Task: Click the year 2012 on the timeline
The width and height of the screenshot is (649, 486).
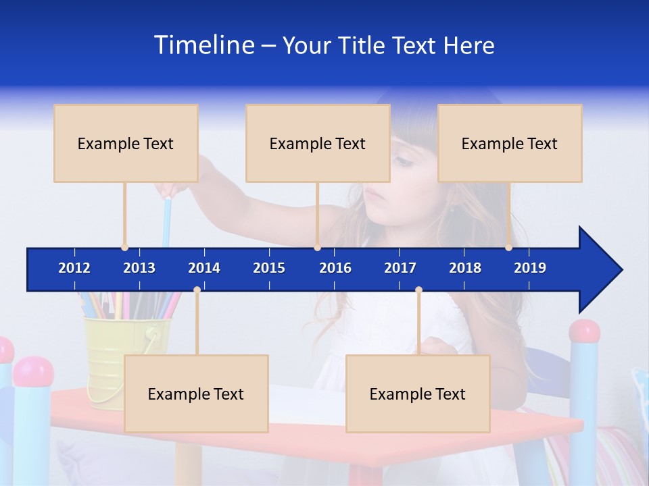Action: click(x=74, y=268)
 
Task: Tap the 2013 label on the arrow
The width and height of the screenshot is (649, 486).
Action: click(x=139, y=268)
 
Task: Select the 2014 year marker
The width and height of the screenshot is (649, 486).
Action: click(x=204, y=268)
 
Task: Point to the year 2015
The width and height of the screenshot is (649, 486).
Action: click(x=269, y=268)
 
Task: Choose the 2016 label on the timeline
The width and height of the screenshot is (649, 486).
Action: click(x=335, y=268)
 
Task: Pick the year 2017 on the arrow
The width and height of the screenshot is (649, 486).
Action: click(x=400, y=268)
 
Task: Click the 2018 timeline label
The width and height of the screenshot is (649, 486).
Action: click(x=465, y=268)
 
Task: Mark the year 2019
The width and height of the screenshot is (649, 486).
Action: click(x=530, y=268)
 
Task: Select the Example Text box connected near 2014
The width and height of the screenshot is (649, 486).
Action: click(x=196, y=394)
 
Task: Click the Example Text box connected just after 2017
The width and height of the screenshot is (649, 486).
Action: click(x=418, y=394)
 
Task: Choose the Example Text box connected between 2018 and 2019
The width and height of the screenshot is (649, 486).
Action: click(x=510, y=143)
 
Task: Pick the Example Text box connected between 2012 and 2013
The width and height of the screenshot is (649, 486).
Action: click(x=126, y=143)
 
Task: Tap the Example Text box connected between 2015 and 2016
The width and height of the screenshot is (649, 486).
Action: click(x=318, y=143)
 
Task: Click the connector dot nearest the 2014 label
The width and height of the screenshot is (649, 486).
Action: click(x=197, y=290)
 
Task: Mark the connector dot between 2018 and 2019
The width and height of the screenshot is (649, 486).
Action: click(x=508, y=247)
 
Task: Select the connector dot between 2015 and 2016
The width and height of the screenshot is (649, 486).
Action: click(x=317, y=247)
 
